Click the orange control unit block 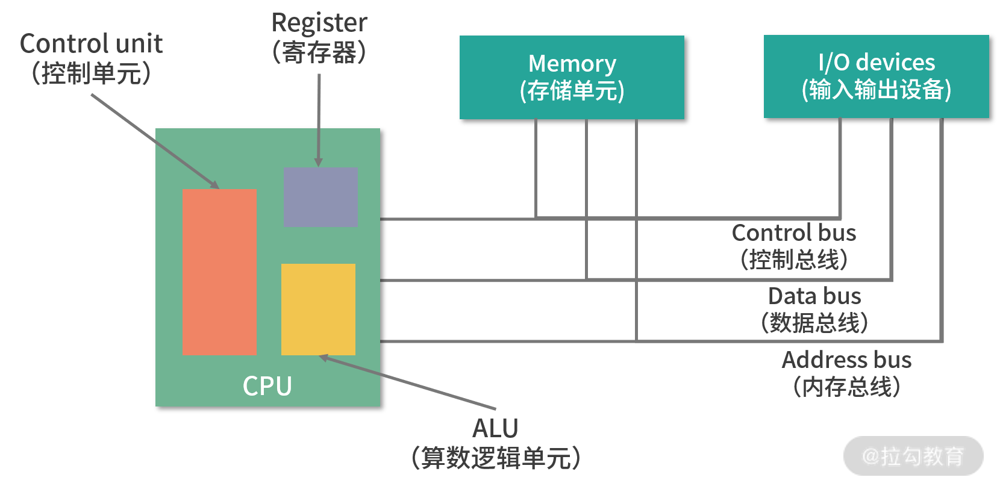219,272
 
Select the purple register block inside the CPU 320,197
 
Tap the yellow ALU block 318,309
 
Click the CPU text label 267,386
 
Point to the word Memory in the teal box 572,63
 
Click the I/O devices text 876,62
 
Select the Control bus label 793,233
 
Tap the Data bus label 814,296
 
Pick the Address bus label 846,360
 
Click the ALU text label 495,429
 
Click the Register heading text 319,23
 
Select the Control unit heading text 91,43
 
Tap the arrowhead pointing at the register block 319,163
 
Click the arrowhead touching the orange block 214,185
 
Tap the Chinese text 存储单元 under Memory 572,91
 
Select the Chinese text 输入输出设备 876,90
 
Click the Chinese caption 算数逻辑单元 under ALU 496,458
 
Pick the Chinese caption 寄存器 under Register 319,52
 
